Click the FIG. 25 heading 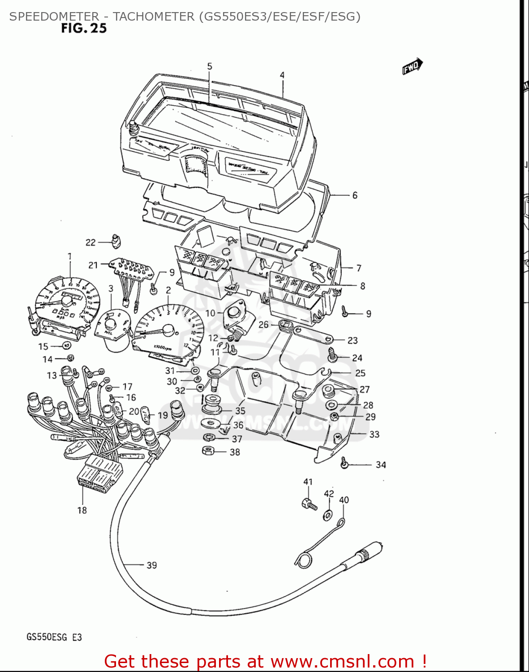pyautogui.click(x=84, y=28)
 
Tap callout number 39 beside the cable pyautogui.click(x=152, y=565)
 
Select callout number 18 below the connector pyautogui.click(x=82, y=510)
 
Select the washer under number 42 pyautogui.click(x=328, y=515)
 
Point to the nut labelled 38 pyautogui.click(x=208, y=451)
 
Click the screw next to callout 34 pyautogui.click(x=344, y=463)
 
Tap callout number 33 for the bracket pyautogui.click(x=374, y=434)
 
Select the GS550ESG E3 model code pyautogui.click(x=54, y=637)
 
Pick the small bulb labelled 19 pyautogui.click(x=145, y=412)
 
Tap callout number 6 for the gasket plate pyautogui.click(x=355, y=195)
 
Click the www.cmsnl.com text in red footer pyautogui.click(x=343, y=661)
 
